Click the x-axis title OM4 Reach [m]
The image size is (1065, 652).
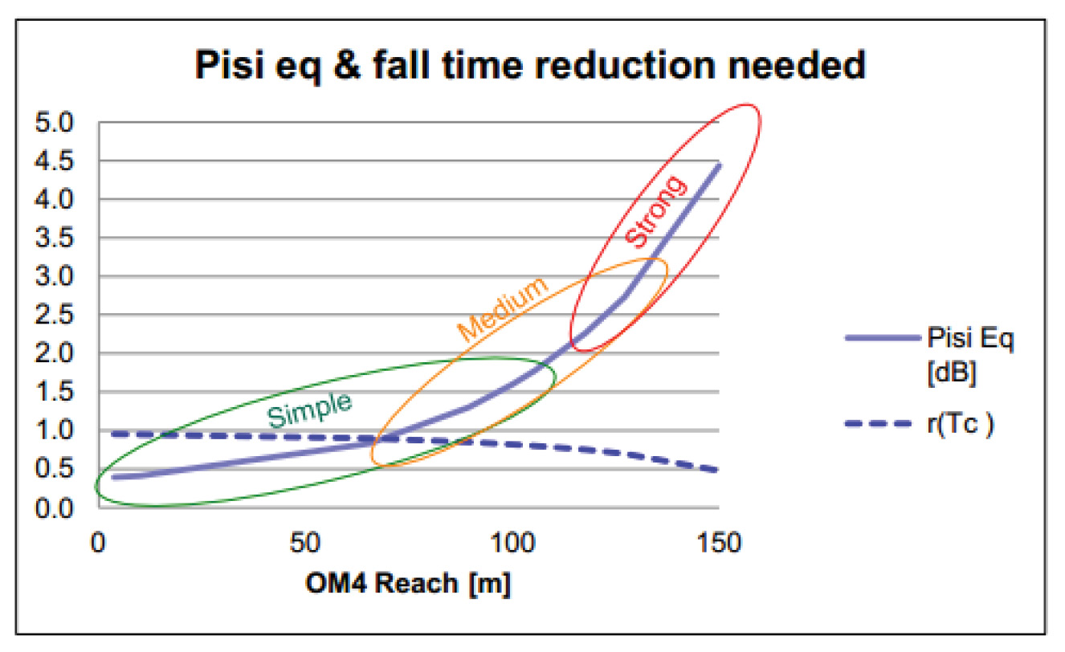point(408,585)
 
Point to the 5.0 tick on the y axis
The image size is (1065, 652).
point(55,123)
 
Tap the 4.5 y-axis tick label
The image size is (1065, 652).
point(55,161)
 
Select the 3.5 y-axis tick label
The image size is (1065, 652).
point(55,238)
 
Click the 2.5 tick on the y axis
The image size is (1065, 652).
point(55,316)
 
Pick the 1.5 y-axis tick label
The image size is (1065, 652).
point(55,393)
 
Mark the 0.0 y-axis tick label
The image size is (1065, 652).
point(55,508)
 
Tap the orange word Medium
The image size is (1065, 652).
point(502,310)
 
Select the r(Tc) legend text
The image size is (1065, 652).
point(964,423)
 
